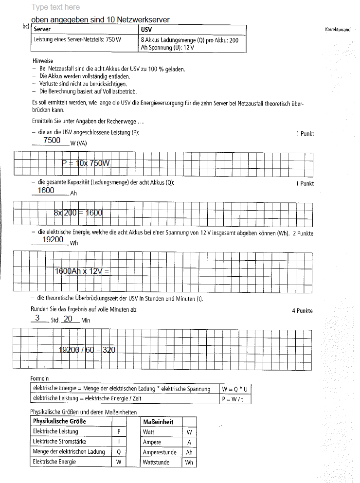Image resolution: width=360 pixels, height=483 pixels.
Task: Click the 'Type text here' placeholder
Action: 55,7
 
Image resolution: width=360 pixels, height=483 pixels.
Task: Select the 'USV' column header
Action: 146,29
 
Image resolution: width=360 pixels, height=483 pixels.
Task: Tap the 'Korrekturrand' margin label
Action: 338,30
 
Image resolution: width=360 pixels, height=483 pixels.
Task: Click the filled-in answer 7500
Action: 52,140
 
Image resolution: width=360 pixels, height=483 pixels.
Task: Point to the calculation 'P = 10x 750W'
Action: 86,163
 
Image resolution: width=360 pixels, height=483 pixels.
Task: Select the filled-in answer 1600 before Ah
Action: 46,190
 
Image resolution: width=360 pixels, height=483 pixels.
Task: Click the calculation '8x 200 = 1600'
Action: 78,213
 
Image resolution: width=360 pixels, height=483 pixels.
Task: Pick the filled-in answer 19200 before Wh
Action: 53,239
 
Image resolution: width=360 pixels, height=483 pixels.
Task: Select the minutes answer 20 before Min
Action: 68,318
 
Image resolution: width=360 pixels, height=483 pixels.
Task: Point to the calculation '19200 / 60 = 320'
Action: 87,350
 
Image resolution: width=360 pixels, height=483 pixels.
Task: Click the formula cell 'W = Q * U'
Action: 235,389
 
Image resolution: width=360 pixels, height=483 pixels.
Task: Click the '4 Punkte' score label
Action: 302,311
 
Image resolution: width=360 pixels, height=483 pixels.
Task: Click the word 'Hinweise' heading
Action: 43,61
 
